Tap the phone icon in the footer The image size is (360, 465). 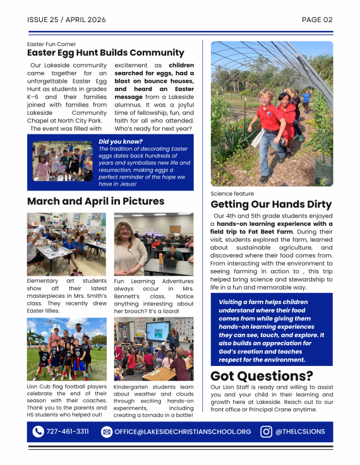coord(38,432)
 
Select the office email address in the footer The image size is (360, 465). coord(183,432)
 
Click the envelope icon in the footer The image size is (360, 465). coord(106,432)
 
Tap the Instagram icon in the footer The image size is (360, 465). coord(267,432)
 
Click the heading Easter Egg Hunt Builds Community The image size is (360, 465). coord(105,53)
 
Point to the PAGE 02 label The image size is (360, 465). coord(317,20)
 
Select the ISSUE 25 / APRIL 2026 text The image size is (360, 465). coord(66,20)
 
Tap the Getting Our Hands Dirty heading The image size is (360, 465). coord(271,204)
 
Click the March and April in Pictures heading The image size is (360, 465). coord(95,201)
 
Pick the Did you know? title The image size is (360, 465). coord(121,141)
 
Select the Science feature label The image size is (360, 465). coord(232,194)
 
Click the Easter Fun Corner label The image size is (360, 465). coord(52,44)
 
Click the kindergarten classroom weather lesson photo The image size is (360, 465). coord(153,348)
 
